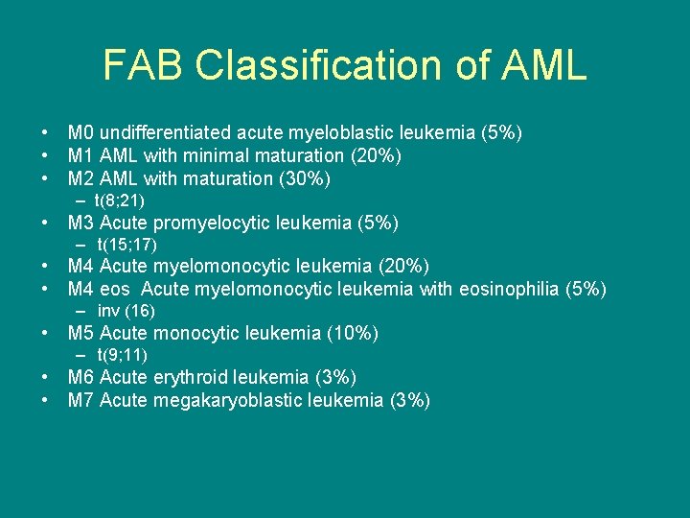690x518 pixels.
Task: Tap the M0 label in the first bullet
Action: coord(80,132)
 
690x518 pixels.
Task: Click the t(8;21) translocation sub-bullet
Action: coord(120,200)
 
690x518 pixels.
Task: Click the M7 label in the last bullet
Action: coord(80,400)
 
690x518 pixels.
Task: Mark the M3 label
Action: coord(80,224)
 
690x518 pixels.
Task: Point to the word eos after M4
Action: coord(116,289)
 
